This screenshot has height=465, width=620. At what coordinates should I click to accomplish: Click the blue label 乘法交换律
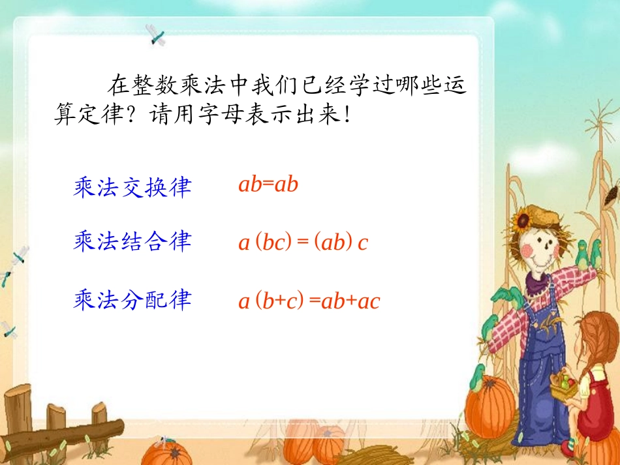click(132, 188)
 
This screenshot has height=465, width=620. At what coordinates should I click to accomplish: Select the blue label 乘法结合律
click(132, 242)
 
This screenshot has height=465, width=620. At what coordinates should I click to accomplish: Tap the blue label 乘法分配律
click(132, 300)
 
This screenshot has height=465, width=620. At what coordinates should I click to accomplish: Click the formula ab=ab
click(268, 185)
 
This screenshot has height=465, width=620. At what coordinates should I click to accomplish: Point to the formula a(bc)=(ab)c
click(303, 243)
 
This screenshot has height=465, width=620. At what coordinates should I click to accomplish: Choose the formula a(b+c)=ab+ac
click(309, 301)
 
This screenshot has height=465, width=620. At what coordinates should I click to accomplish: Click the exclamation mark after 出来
click(347, 116)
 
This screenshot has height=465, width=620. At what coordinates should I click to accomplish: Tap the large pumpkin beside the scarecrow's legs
click(490, 405)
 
